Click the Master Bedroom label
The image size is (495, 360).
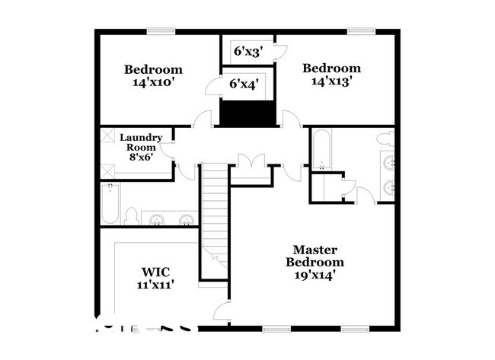pyautogui.click(x=315, y=256)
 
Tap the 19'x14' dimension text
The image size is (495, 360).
pyautogui.click(x=315, y=275)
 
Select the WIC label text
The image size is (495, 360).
pyautogui.click(x=155, y=272)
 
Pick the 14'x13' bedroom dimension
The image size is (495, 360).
pyautogui.click(x=331, y=81)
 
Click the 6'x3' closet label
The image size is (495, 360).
pyautogui.click(x=248, y=52)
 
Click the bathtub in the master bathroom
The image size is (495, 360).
pyautogui.click(x=321, y=150)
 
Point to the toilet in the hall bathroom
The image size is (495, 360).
pyautogui.click(x=131, y=217)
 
